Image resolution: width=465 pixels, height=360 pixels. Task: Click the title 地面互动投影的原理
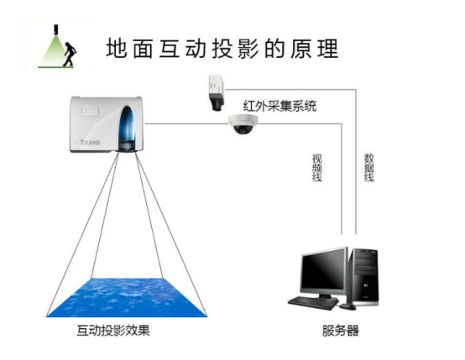point(222,49)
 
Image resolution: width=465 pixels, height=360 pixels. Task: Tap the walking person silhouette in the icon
point(70,55)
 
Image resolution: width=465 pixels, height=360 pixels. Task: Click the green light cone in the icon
point(54,50)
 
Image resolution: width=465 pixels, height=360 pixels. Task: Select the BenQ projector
point(107,124)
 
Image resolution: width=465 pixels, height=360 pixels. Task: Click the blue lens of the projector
point(128,127)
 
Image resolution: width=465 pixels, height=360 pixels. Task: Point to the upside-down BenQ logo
point(90,143)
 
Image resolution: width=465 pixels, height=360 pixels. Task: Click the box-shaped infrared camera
point(217,93)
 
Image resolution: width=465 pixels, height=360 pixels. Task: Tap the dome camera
point(243,124)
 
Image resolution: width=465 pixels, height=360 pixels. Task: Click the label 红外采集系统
point(280,107)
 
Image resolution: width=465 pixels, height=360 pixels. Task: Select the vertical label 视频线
point(317,168)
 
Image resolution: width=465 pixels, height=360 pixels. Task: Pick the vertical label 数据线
point(369,168)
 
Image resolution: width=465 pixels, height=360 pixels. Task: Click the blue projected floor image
point(127,297)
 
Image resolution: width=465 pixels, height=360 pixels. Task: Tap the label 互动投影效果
point(113,331)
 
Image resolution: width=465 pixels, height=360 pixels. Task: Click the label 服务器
point(341,331)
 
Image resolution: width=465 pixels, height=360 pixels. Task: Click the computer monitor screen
point(323,272)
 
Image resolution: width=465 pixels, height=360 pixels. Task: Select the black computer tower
point(364,277)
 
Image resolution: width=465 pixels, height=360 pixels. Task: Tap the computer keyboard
point(313,303)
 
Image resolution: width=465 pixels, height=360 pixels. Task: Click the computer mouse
point(347,307)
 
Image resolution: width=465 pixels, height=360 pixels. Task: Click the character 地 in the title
point(116,49)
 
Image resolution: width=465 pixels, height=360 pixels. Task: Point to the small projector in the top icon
point(55,29)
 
